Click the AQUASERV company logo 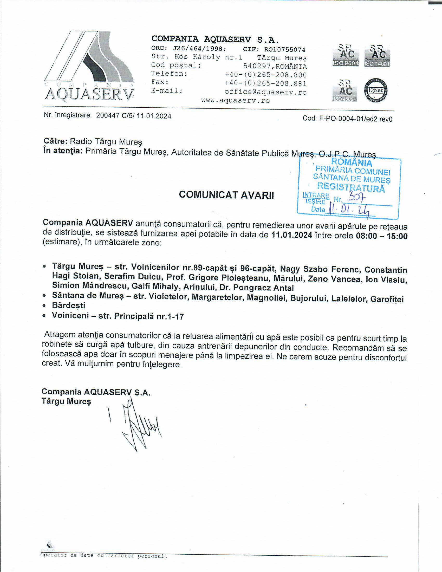tap(89, 67)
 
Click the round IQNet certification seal tap(376, 91)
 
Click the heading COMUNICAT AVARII tap(226, 195)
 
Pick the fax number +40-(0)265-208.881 tap(265, 83)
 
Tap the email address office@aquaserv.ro tap(265, 92)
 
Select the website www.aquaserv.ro tap(235, 101)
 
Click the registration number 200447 tap(108, 115)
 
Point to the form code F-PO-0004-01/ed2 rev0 tap(356, 119)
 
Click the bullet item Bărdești tap(69, 305)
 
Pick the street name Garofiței tap(387, 299)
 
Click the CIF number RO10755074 tap(285, 49)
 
